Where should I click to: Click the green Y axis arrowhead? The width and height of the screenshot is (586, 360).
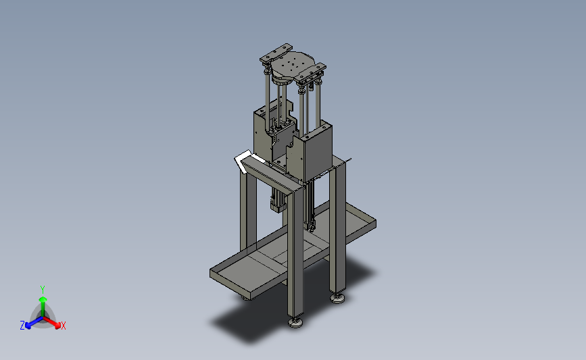click(43, 299)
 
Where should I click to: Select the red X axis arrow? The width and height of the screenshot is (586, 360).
click(52, 322)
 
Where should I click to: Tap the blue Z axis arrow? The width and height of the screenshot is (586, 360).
click(34, 323)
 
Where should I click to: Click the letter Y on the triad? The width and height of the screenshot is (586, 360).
click(42, 290)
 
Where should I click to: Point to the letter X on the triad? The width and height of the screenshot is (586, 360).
click(63, 326)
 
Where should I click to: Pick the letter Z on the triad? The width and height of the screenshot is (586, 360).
click(22, 326)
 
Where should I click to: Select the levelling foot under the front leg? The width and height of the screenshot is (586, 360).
click(295, 322)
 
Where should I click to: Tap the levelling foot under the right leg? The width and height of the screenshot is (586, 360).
click(337, 298)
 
